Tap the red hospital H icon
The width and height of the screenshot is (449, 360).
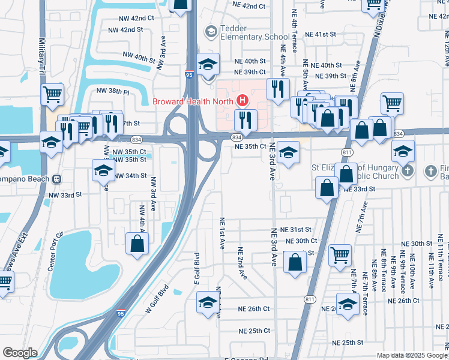pos(242,100)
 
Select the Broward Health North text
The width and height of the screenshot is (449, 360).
pos(192,101)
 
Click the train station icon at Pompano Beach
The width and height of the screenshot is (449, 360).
pos(56,179)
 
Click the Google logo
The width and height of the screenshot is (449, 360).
pos(20,353)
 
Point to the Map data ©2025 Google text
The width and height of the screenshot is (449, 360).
pos(411,355)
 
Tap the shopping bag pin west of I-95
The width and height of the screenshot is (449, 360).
pos(137,244)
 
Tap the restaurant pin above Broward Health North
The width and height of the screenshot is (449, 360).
pos(277,89)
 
